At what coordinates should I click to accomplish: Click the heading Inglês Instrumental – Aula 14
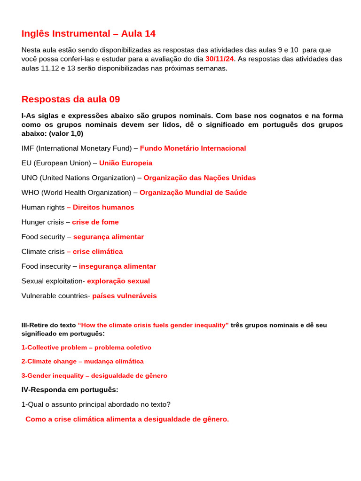coord(88,34)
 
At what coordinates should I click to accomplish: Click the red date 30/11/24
coord(219,59)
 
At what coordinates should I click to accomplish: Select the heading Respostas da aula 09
coord(71,99)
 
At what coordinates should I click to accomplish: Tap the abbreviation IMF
coord(28,148)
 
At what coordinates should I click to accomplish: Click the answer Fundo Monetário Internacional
coord(193,148)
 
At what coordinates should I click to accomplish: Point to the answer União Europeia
coord(126,163)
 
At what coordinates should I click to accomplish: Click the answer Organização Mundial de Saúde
coord(193,193)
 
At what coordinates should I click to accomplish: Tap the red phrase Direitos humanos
coord(103,207)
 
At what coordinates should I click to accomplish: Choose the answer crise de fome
coord(95,222)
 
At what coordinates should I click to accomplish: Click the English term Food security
coord(43,237)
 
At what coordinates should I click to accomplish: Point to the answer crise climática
coord(97,252)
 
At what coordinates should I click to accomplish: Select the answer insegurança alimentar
coord(117,266)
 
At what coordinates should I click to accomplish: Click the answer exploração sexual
coord(118,281)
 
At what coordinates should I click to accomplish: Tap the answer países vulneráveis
coord(124,296)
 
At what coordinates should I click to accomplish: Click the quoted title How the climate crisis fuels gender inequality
coord(153,325)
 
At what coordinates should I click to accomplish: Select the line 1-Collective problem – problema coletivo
coord(86,348)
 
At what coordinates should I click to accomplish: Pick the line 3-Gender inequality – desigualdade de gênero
coord(94,376)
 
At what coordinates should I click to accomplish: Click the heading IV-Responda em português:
coord(70,390)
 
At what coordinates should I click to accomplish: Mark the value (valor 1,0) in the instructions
coord(66,133)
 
